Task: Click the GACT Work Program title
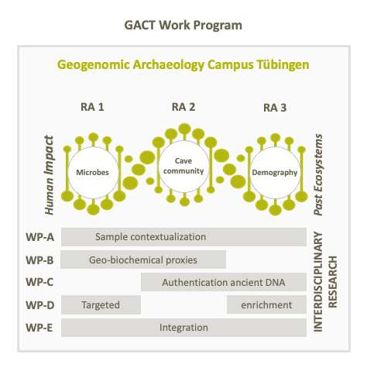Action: tap(183, 26)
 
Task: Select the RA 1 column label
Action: tap(92, 107)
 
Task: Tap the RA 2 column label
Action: tap(183, 107)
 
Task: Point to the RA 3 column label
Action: tap(275, 108)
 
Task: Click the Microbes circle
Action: tap(92, 173)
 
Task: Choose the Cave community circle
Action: tap(183, 166)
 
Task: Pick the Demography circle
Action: tap(275, 172)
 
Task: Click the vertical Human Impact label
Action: tap(49, 175)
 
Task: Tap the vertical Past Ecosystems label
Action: tap(318, 174)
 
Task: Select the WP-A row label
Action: tap(39, 237)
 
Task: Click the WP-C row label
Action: tap(39, 282)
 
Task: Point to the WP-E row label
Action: tap(39, 328)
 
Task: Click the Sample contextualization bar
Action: tap(183, 237)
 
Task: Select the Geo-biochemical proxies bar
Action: tap(143, 260)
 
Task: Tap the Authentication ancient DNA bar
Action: tap(224, 282)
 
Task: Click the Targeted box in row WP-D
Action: tap(101, 304)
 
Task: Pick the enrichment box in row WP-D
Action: tap(266, 304)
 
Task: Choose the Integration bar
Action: tap(183, 328)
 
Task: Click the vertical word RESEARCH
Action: tap(333, 282)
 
